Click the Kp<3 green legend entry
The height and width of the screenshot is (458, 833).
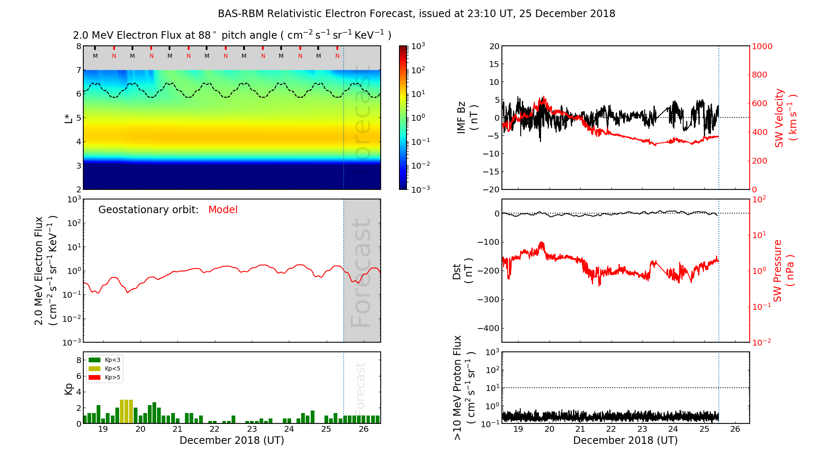coord(105,360)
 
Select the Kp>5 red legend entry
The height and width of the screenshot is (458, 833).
coord(105,378)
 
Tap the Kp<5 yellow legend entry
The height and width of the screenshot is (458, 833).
coord(105,368)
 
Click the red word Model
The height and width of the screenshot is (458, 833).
coord(223,210)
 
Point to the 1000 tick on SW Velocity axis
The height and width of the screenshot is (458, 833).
coord(762,46)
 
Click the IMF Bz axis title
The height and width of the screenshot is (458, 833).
coord(467,118)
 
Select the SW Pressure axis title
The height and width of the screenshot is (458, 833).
coord(783,271)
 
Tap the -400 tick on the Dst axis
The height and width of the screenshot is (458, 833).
coord(488,328)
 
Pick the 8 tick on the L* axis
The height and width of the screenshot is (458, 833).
coord(78,46)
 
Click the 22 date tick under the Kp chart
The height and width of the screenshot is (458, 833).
coord(214,429)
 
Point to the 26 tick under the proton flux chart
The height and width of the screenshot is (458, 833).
coord(735,429)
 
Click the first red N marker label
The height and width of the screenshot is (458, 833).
coord(114,56)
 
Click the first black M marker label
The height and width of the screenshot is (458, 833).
coord(95,56)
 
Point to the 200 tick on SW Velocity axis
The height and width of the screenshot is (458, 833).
coord(759,161)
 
